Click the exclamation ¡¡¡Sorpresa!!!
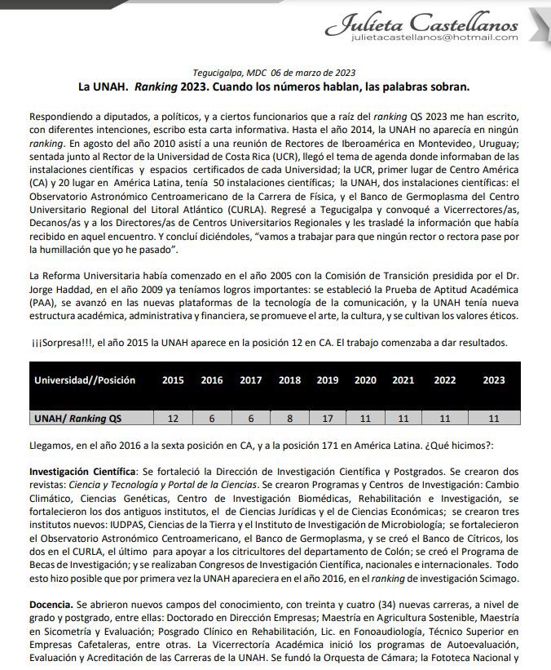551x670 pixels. tap(60, 343)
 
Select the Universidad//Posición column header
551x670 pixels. tap(85, 380)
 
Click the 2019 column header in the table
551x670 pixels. tap(328, 380)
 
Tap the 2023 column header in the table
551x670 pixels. tap(494, 380)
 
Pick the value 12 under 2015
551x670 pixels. tap(173, 419)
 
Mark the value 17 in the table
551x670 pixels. tap(328, 419)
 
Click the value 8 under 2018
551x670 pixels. tap(289, 419)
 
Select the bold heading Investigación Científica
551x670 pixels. tap(82, 472)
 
